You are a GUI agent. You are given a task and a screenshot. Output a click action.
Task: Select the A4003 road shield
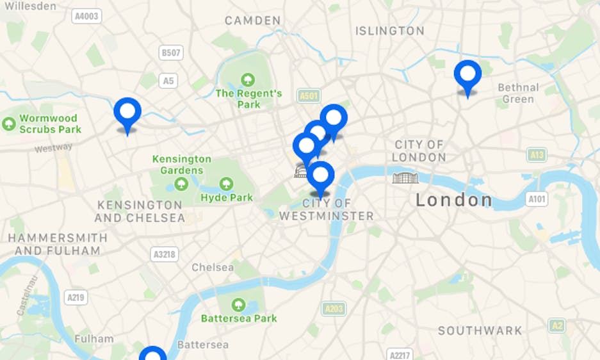click(86, 15)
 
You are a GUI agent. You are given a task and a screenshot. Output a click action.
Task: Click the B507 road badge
click(171, 53)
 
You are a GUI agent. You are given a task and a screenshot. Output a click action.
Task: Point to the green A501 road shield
click(309, 96)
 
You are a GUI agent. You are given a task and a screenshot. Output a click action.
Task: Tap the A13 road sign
click(537, 154)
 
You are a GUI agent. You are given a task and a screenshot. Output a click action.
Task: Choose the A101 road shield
click(537, 199)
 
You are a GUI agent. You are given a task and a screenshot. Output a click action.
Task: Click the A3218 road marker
click(165, 254)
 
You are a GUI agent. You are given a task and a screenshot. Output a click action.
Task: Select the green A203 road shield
click(333, 309)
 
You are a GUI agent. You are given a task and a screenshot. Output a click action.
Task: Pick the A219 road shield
click(76, 297)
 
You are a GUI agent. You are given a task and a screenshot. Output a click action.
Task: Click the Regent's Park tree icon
click(247, 79)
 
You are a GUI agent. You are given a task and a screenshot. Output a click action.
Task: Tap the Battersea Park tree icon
click(239, 304)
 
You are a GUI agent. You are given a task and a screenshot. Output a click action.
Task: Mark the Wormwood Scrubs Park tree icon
click(9, 124)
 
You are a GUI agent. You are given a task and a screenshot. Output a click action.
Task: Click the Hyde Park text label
click(227, 197)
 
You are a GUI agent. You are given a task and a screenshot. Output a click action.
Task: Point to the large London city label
click(454, 200)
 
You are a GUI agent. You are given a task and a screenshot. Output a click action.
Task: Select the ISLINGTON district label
click(389, 31)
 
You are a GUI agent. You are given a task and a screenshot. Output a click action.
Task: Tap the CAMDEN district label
click(252, 20)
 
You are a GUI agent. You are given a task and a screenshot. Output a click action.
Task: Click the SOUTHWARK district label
click(480, 331)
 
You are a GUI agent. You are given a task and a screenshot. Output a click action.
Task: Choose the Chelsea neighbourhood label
click(213, 267)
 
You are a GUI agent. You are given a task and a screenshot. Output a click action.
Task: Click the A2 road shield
click(556, 325)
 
